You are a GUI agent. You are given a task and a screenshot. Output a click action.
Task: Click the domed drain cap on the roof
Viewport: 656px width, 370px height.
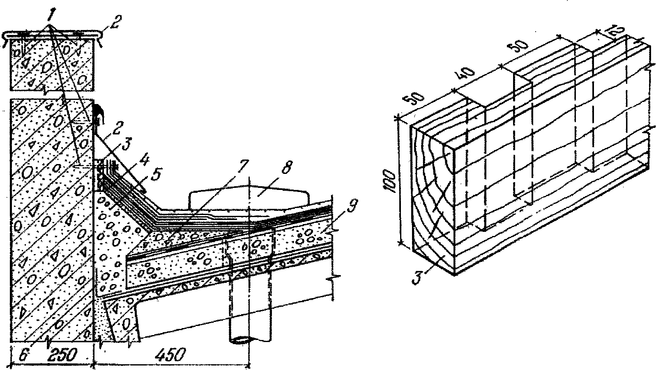(249, 197)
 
